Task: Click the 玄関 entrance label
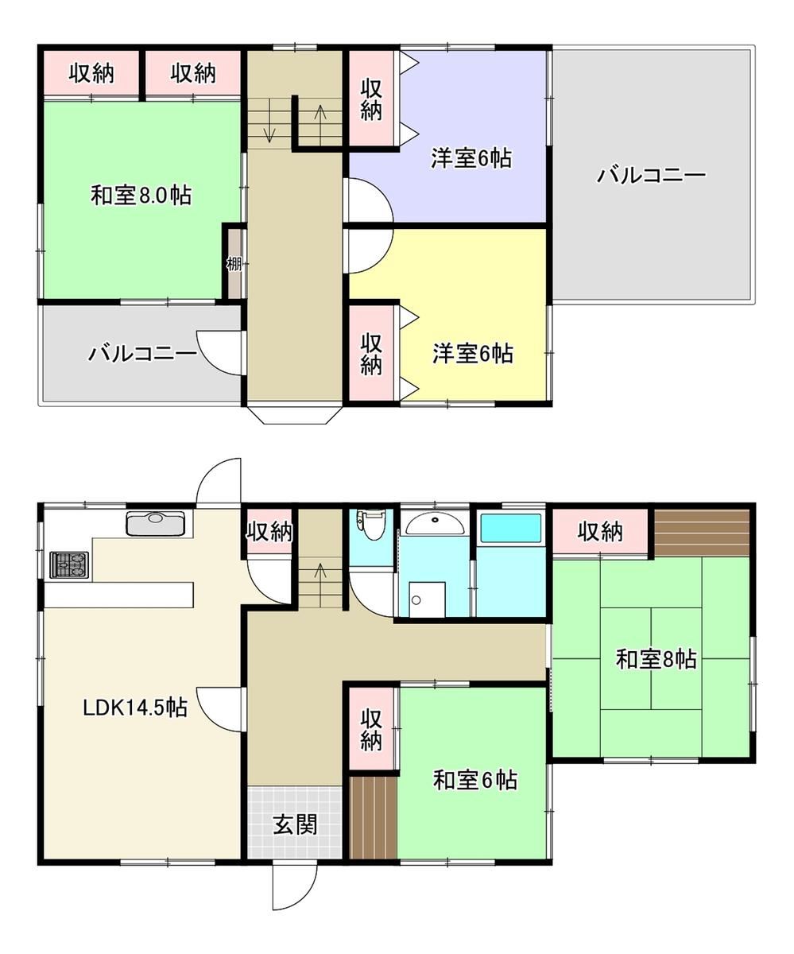(295, 824)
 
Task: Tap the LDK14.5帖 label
(135, 708)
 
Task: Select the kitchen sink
(156, 524)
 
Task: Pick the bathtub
(511, 528)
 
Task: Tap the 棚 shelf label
(234, 264)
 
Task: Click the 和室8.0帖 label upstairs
(141, 196)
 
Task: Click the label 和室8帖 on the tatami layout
(656, 659)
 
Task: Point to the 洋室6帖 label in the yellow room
(473, 353)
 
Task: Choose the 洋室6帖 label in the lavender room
(471, 158)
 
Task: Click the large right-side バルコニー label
(652, 175)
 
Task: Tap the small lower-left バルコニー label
(142, 353)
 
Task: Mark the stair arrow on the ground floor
(320, 584)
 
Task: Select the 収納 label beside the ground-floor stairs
(269, 531)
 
